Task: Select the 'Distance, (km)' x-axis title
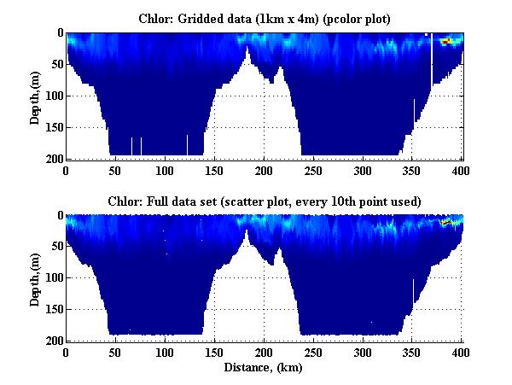pyautogui.click(x=264, y=368)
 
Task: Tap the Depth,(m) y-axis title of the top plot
pyautogui.click(x=36, y=96)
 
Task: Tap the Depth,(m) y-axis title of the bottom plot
pyautogui.click(x=36, y=278)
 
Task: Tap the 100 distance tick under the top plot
pyautogui.click(x=165, y=169)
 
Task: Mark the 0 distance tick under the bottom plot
pyautogui.click(x=67, y=351)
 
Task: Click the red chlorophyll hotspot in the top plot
pyautogui.click(x=445, y=40)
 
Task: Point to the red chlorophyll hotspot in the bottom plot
pyautogui.click(x=445, y=222)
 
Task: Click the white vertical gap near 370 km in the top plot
pyautogui.click(x=432, y=60)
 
